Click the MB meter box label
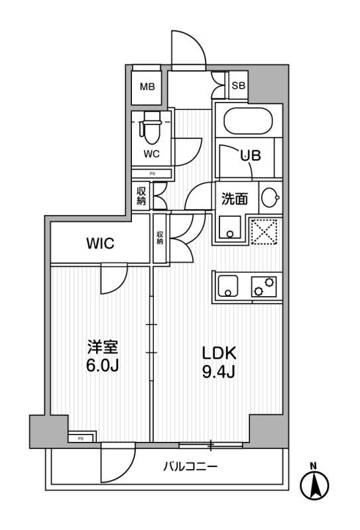(x=148, y=87)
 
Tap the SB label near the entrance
(x=238, y=85)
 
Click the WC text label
(x=151, y=154)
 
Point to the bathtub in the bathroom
(x=249, y=121)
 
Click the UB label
(x=251, y=156)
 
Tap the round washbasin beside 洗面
(x=270, y=197)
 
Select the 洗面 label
(x=235, y=199)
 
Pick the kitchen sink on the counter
(x=227, y=286)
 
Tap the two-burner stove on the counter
(x=264, y=287)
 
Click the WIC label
(x=101, y=243)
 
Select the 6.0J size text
(x=102, y=366)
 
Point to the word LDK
(x=219, y=354)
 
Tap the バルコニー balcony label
(x=190, y=467)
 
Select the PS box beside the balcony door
(x=81, y=438)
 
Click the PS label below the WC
(x=152, y=174)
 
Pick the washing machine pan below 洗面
(x=230, y=228)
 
